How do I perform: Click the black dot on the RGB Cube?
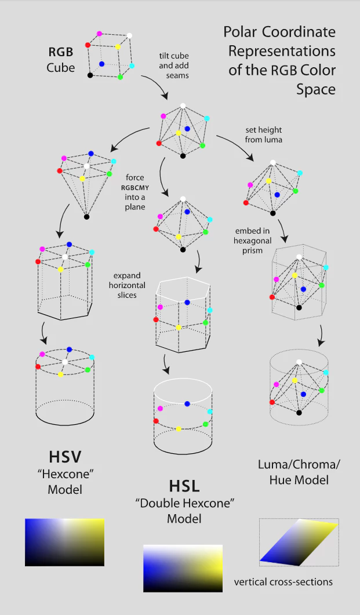[90, 75]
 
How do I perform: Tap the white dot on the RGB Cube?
[129, 36]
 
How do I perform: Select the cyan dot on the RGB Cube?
[132, 66]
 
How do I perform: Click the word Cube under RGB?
[61, 68]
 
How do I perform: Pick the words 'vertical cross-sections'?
[283, 581]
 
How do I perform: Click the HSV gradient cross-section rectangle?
[64, 542]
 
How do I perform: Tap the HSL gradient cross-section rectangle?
[183, 568]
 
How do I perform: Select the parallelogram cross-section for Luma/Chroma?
[299, 542]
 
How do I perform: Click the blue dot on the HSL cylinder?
[187, 403]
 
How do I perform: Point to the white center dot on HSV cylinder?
[65, 362]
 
